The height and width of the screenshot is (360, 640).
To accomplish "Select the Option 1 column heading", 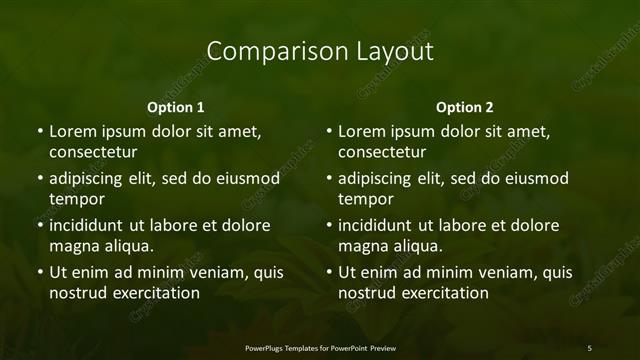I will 176,107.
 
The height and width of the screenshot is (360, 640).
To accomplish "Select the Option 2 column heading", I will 465,107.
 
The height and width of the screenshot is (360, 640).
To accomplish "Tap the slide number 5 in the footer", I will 590,347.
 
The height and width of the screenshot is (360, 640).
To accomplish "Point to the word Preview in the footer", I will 381,347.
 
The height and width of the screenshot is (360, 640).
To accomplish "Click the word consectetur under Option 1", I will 92,152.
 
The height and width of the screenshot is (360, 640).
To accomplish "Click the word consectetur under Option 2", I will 382,152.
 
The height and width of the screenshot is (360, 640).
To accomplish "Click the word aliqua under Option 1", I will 126,246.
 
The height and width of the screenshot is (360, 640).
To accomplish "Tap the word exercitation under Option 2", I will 440,293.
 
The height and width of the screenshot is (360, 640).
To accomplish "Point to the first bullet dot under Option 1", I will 39,131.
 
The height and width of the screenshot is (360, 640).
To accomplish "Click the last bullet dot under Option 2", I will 329,272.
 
